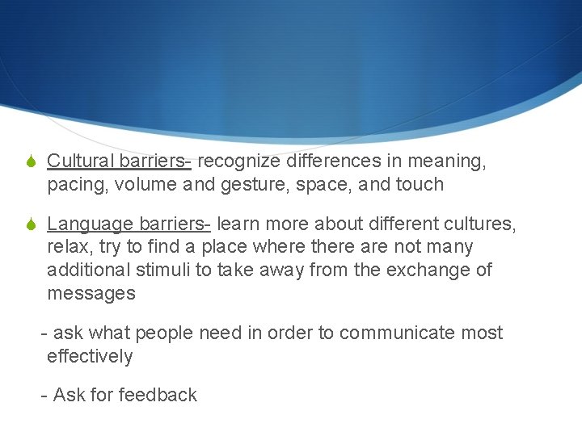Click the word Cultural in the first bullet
click(79, 161)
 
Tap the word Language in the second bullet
click(90, 224)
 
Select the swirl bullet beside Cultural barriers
click(30, 162)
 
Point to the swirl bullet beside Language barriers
click(30, 224)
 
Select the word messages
click(91, 293)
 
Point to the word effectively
click(90, 356)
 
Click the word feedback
click(158, 395)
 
